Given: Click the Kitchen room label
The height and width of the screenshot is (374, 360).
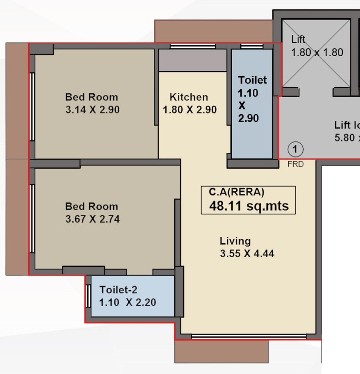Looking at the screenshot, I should tap(189, 97).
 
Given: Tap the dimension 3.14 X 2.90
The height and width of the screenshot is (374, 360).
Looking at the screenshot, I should tap(92, 110).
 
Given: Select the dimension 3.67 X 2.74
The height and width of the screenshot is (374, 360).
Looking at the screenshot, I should tap(92, 219).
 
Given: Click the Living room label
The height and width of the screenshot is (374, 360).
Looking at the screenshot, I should tap(235, 241).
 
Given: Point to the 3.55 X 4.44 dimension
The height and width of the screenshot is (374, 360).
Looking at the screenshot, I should tap(247, 253).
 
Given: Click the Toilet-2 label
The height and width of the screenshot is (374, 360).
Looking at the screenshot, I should tap(118, 290).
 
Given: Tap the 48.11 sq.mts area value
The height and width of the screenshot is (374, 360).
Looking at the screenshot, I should tap(249, 206).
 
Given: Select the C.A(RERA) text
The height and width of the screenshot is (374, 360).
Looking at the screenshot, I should tap(237, 192).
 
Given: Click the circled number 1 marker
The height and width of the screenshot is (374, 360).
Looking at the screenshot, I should tap(295, 149).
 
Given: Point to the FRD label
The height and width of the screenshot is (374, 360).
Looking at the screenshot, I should tap(295, 165).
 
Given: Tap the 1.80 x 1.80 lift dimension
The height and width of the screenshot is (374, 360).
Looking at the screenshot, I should tap(317, 53).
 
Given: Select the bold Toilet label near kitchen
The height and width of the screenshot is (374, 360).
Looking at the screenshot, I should tap(252, 80).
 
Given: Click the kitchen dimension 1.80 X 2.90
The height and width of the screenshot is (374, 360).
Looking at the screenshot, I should tap(190, 110).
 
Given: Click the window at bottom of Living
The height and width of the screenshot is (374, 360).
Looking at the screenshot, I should tap(248, 337).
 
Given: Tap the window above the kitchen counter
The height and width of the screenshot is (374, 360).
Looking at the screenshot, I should tap(193, 46).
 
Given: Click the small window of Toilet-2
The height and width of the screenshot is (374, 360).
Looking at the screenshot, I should tap(88, 296).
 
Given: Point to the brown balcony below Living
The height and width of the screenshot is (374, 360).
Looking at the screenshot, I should tap(222, 351).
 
